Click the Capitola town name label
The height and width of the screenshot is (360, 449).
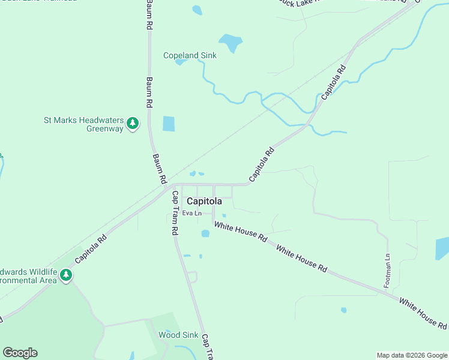pos(204,202)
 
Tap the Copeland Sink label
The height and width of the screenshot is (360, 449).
pos(190,56)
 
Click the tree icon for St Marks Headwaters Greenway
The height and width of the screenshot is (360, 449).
pos(133,124)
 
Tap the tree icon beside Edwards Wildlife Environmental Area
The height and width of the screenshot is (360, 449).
pos(66,275)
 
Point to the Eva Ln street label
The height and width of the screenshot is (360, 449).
pos(192,213)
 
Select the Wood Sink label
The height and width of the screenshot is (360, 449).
pos(178,335)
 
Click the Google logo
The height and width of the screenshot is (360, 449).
pos(20,353)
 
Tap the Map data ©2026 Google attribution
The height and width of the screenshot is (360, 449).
pos(412,355)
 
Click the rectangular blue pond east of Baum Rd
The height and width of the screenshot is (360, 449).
pos(169,124)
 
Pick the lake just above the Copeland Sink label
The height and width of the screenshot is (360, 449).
pos(230,43)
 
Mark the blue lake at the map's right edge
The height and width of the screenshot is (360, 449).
pos(442,248)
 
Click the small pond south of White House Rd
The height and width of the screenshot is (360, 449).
pos(343,310)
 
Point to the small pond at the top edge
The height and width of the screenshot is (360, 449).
pos(197,10)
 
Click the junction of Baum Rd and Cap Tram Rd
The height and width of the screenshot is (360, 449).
pos(167,188)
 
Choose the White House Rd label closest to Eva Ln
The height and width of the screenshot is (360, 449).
pos(241,232)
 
